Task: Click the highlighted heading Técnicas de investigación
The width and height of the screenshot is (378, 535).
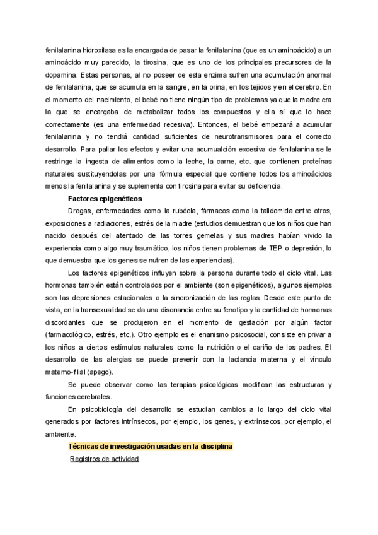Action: (x=151, y=447)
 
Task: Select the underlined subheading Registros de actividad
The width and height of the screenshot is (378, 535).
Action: (x=104, y=459)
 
